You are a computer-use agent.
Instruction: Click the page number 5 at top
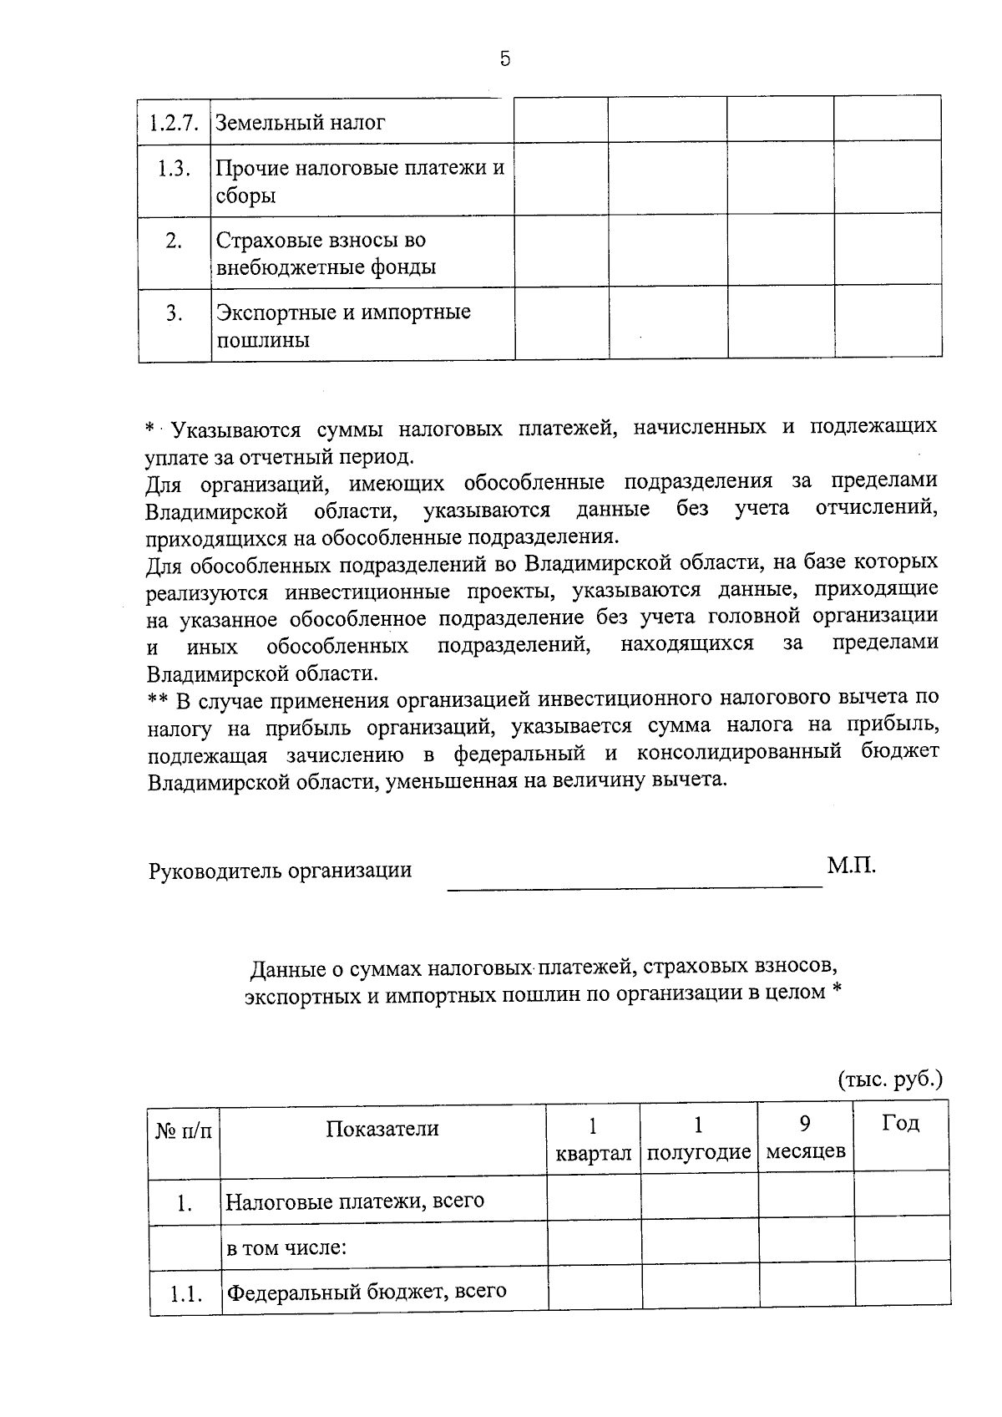pos(504,58)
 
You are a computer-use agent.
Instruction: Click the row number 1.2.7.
pos(174,123)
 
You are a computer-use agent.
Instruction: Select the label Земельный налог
pos(301,123)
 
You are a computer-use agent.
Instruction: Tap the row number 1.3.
pos(174,169)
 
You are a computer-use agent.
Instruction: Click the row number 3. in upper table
pos(174,313)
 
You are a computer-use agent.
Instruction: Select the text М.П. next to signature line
pos(852,866)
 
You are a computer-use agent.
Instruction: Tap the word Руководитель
pos(215,871)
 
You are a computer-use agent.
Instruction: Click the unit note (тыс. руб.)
pos(890,1079)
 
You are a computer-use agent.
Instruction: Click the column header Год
pos(900,1123)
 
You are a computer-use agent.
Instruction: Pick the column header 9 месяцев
pos(806,1137)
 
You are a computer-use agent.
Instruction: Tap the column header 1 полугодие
pos(699,1138)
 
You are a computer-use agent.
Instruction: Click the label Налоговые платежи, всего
pos(355,1201)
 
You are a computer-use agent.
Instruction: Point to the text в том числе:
pos(286,1248)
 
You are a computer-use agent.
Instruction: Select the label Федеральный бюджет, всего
pos(367,1291)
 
